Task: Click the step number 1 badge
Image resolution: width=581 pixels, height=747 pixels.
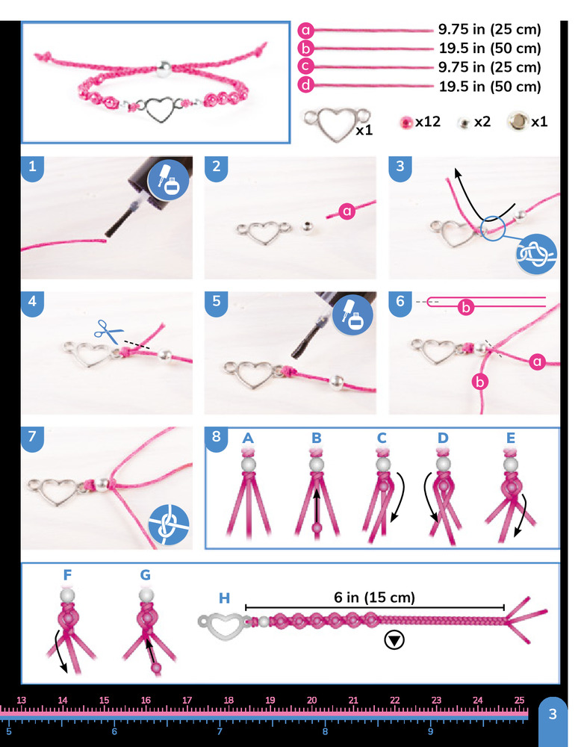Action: tap(32, 167)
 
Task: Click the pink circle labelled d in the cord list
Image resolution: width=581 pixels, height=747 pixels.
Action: tap(305, 85)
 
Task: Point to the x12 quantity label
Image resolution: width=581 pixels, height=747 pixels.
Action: tap(428, 122)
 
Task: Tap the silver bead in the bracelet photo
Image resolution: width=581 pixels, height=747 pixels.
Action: tap(164, 66)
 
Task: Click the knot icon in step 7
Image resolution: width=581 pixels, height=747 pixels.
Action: tap(169, 524)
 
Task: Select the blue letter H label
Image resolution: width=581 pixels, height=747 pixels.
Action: tap(224, 598)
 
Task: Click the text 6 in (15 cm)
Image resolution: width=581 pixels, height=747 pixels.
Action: tap(374, 598)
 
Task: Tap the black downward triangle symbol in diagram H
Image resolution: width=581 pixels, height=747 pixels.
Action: tap(394, 640)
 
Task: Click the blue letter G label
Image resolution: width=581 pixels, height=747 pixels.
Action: tap(145, 575)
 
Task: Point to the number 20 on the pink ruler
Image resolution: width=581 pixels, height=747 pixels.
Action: tap(312, 701)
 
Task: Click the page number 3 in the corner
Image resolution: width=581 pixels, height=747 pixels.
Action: tap(553, 714)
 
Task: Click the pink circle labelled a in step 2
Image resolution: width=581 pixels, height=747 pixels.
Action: tap(347, 211)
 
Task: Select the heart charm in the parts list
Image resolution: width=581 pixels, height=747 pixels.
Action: tap(337, 123)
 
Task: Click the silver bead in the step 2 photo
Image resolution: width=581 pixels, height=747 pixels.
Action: tap(307, 227)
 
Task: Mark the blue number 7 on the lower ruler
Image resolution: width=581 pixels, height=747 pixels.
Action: tap(220, 731)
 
